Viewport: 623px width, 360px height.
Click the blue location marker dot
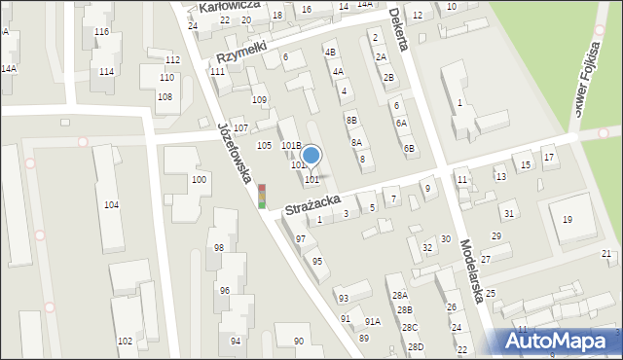311,155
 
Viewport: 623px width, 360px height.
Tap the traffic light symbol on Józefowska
261,196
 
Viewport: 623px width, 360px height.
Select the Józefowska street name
236,153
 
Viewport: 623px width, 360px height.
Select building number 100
199,180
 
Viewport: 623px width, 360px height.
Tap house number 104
111,205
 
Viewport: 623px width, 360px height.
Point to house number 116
101,32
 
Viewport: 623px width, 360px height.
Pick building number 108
165,97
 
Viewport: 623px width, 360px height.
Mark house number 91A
372,321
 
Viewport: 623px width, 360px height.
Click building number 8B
351,120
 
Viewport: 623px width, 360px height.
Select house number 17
549,158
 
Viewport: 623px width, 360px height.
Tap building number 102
125,341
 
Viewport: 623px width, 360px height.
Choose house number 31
508,213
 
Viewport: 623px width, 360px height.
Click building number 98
219,248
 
